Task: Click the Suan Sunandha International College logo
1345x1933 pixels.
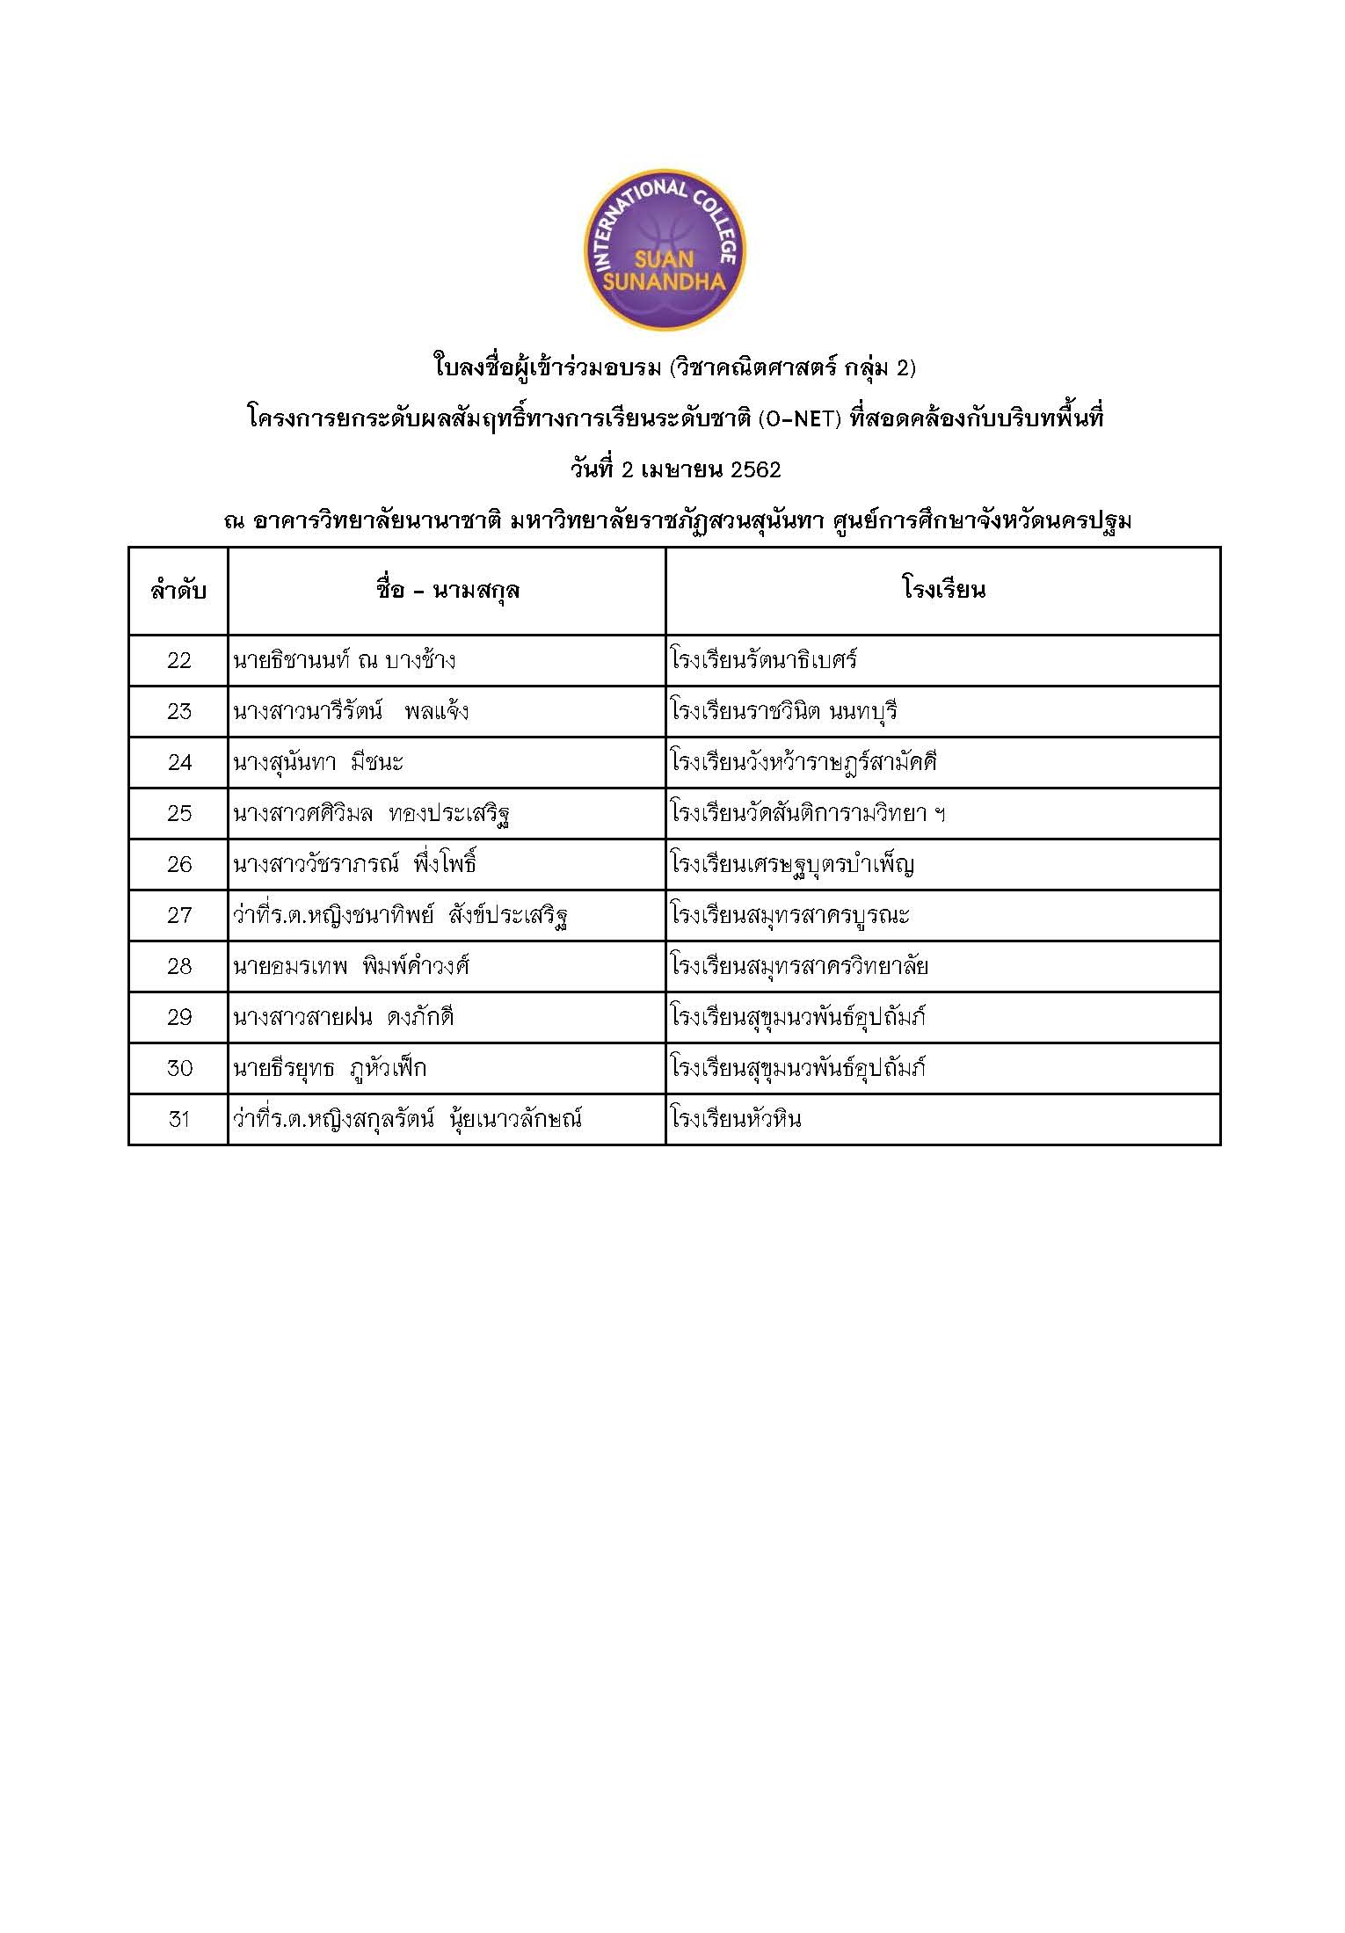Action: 665,251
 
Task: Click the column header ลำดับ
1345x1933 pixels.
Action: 178,591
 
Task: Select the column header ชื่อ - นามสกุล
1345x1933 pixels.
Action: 447,590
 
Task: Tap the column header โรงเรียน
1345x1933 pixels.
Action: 943,589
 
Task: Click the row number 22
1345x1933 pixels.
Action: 178,661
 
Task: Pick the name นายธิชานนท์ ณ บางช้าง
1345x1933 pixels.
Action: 345,661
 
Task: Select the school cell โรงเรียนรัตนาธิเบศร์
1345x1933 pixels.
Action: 763,660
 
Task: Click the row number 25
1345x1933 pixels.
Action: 178,814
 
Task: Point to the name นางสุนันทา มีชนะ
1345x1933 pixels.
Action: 318,763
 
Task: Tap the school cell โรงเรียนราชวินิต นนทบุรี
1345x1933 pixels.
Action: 783,711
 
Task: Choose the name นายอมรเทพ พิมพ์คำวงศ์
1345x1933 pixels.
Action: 351,967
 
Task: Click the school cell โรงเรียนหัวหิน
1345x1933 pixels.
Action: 736,1120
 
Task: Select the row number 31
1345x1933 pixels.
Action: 178,1120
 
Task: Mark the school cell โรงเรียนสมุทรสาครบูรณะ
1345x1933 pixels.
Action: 789,916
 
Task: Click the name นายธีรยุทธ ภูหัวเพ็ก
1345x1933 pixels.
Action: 330,1069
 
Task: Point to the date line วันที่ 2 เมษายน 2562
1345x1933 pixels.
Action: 675,470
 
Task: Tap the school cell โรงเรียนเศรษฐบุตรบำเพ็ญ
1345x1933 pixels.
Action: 792,865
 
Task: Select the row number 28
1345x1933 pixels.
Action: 178,967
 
